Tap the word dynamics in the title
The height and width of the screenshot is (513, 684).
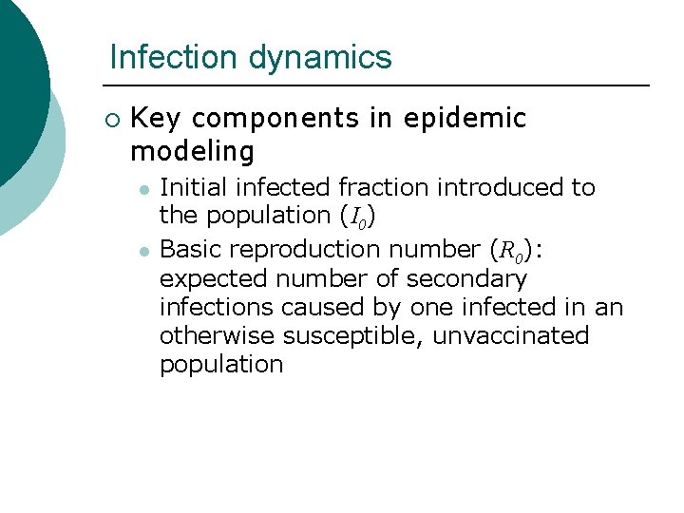(x=320, y=57)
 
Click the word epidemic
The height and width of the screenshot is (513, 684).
(x=465, y=119)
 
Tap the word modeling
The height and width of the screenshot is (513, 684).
(x=192, y=151)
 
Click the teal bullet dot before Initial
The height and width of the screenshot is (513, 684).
(x=142, y=189)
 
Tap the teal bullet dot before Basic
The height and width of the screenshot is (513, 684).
(x=142, y=251)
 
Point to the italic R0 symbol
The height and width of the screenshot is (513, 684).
(x=512, y=251)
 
